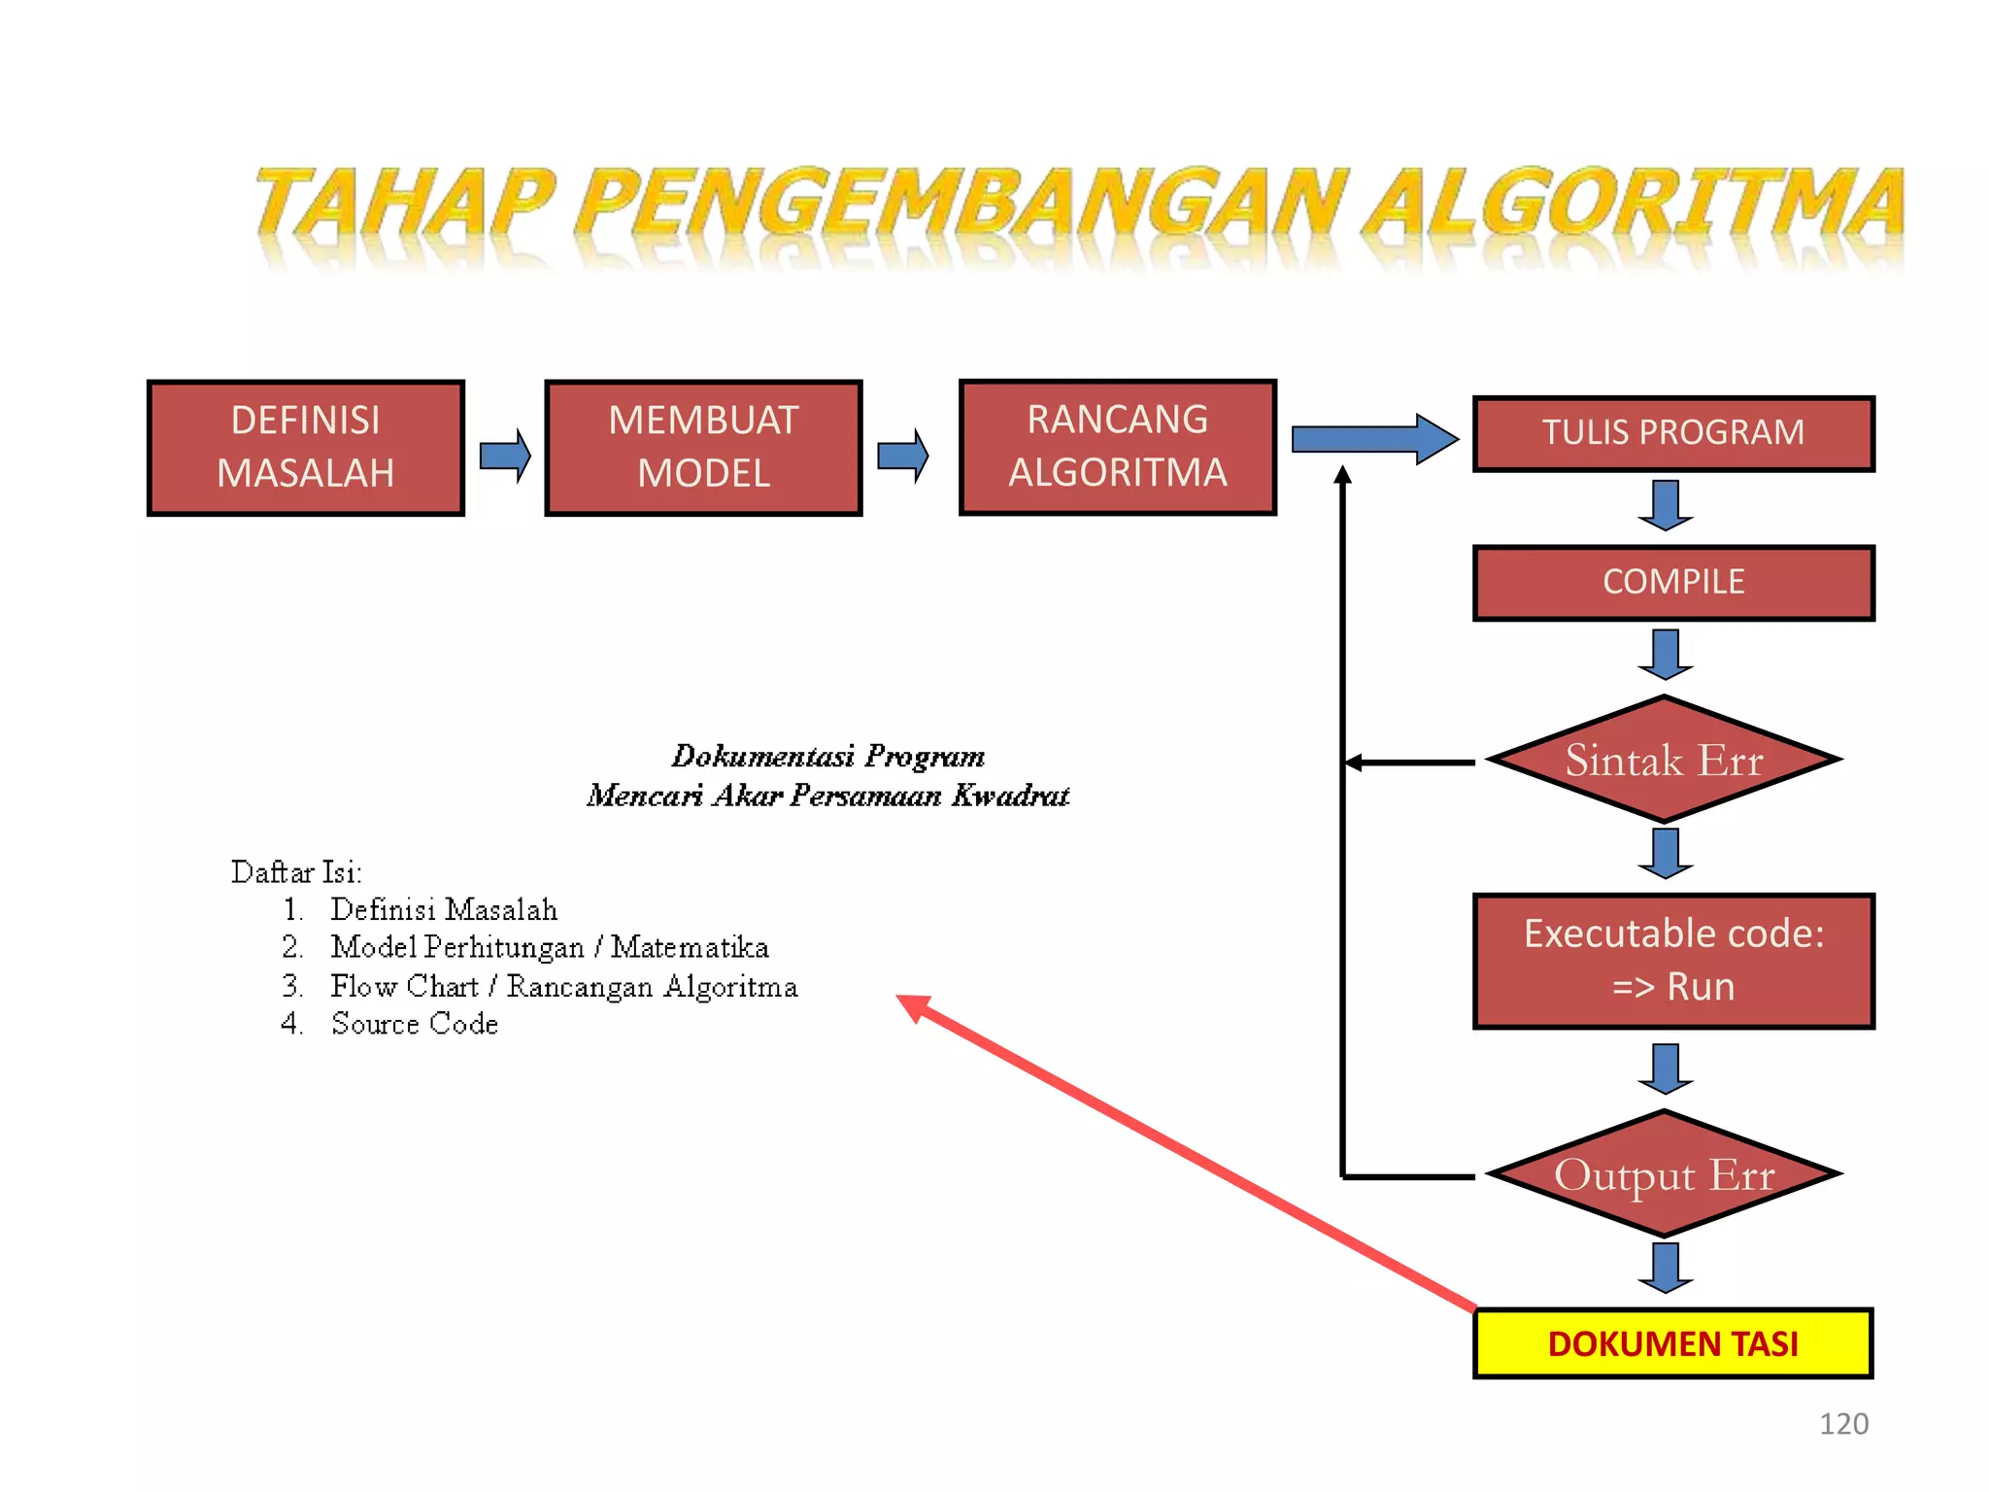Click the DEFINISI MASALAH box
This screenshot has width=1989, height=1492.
point(306,448)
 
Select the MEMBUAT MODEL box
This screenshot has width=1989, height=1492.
point(703,448)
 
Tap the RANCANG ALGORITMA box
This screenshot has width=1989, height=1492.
point(1117,447)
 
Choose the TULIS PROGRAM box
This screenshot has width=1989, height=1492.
point(1672,433)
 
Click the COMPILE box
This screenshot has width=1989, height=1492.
point(1672,583)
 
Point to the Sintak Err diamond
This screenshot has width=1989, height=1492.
point(1664,760)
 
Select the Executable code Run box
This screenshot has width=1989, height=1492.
point(1672,961)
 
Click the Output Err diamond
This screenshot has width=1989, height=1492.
point(1664,1174)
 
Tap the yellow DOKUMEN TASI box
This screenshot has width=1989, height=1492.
point(1672,1343)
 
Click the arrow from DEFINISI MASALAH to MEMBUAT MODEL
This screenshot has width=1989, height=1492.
point(505,455)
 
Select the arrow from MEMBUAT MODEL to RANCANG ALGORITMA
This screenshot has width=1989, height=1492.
point(902,455)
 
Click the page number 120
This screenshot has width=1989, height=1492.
point(1842,1424)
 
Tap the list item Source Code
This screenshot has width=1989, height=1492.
point(415,1024)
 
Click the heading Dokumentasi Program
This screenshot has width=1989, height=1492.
point(827,756)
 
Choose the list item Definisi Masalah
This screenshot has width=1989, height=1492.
point(444,910)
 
